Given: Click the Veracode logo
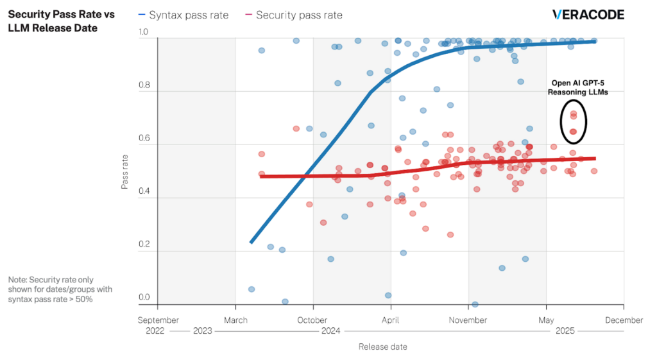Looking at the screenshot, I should pyautogui.click(x=588, y=15).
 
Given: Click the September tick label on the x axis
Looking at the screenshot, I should pyautogui.click(x=158, y=320).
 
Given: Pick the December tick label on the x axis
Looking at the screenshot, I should pyautogui.click(x=624, y=320).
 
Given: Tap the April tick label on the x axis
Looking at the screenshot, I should pyautogui.click(x=391, y=320).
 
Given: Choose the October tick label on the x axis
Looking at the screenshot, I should pyautogui.click(x=313, y=320).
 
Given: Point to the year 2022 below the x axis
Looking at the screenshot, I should pyautogui.click(x=155, y=331).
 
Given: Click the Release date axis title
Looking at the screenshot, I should pyautogui.click(x=382, y=347).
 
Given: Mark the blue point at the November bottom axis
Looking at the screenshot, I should pyautogui.click(x=475, y=304).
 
